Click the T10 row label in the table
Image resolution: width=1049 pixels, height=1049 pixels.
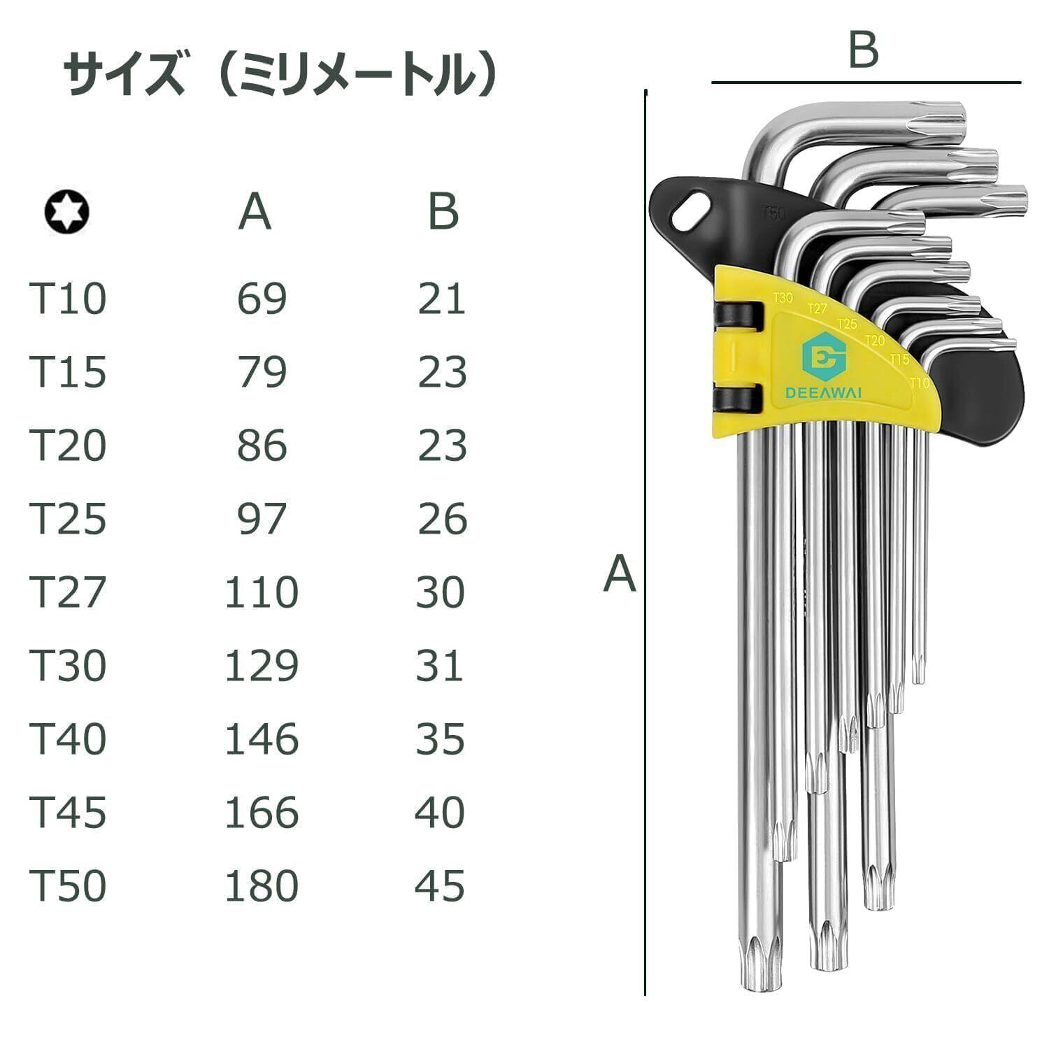coord(68,299)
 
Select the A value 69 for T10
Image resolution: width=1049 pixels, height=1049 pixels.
coord(262,299)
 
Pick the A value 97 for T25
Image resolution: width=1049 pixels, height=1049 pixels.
coord(262,519)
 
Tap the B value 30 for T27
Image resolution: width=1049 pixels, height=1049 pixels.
coord(441,592)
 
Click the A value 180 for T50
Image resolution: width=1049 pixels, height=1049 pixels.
coord(262,886)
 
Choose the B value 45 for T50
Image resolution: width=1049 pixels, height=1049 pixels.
coord(441,886)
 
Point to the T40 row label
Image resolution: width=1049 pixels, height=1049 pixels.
coord(68,739)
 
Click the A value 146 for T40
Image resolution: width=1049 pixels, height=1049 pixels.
coord(262,739)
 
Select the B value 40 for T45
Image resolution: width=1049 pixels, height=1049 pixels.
coord(441,813)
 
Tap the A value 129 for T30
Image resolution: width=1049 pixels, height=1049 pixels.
coord(262,666)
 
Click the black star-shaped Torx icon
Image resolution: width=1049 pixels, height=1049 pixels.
coord(66,212)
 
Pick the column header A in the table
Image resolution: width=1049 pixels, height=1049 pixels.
coord(255,211)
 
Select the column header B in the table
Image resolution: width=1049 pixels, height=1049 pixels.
coord(443,211)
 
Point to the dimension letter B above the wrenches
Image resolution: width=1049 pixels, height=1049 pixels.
coord(863,50)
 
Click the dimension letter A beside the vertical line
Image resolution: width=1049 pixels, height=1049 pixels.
coord(620,574)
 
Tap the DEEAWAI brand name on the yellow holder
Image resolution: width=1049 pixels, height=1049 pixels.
coord(823,394)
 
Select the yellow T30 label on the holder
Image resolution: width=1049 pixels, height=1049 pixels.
coord(783,298)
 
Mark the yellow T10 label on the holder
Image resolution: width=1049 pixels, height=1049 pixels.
coord(919,383)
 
